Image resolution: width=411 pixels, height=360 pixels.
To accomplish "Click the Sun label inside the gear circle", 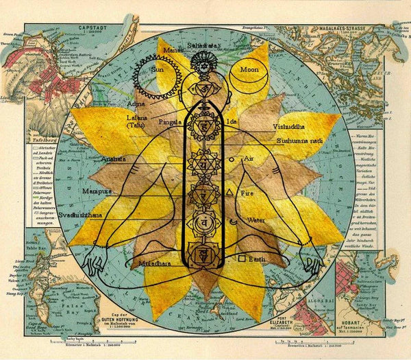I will [x=158, y=69].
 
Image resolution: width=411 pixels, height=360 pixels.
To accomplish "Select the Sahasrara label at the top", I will [x=203, y=45].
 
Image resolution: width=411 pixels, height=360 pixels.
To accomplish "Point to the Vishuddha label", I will [x=292, y=126].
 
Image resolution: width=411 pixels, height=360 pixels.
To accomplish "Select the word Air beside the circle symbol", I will [x=249, y=158].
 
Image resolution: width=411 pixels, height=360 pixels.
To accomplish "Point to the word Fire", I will [x=247, y=193].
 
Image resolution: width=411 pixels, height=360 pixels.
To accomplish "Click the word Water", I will [x=256, y=221].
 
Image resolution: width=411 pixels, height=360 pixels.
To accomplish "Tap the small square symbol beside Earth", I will [x=242, y=258].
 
